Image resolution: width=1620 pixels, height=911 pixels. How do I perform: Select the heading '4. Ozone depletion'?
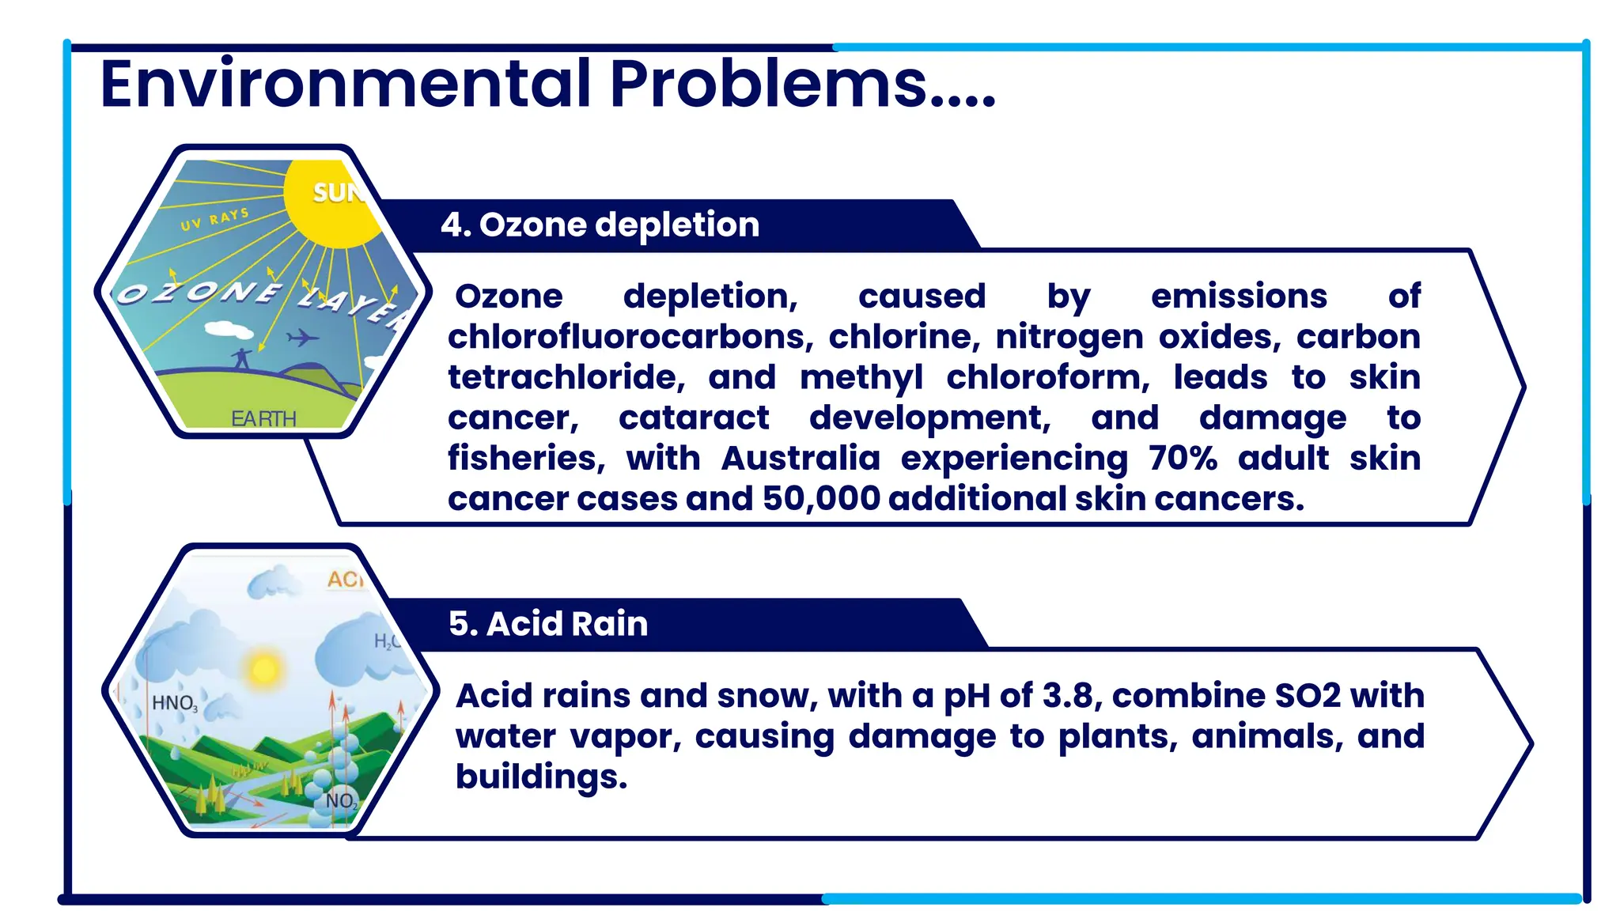[600, 225]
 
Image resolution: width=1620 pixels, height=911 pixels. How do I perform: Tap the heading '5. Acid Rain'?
[548, 624]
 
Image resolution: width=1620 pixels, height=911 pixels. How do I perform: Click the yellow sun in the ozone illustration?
[332, 202]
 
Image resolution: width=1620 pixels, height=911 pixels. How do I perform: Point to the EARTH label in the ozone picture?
[263, 418]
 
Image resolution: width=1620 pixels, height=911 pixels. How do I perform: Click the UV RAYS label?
[214, 219]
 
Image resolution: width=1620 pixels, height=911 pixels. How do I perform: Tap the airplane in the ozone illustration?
[301, 338]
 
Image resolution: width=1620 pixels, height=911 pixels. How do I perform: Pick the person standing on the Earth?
[242, 358]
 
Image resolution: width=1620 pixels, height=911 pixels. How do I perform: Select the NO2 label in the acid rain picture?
[342, 801]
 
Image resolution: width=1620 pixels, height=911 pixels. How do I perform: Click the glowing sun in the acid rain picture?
[263, 669]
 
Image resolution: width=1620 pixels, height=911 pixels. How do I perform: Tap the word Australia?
[800, 459]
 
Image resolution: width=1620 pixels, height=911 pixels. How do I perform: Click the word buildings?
[540, 777]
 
